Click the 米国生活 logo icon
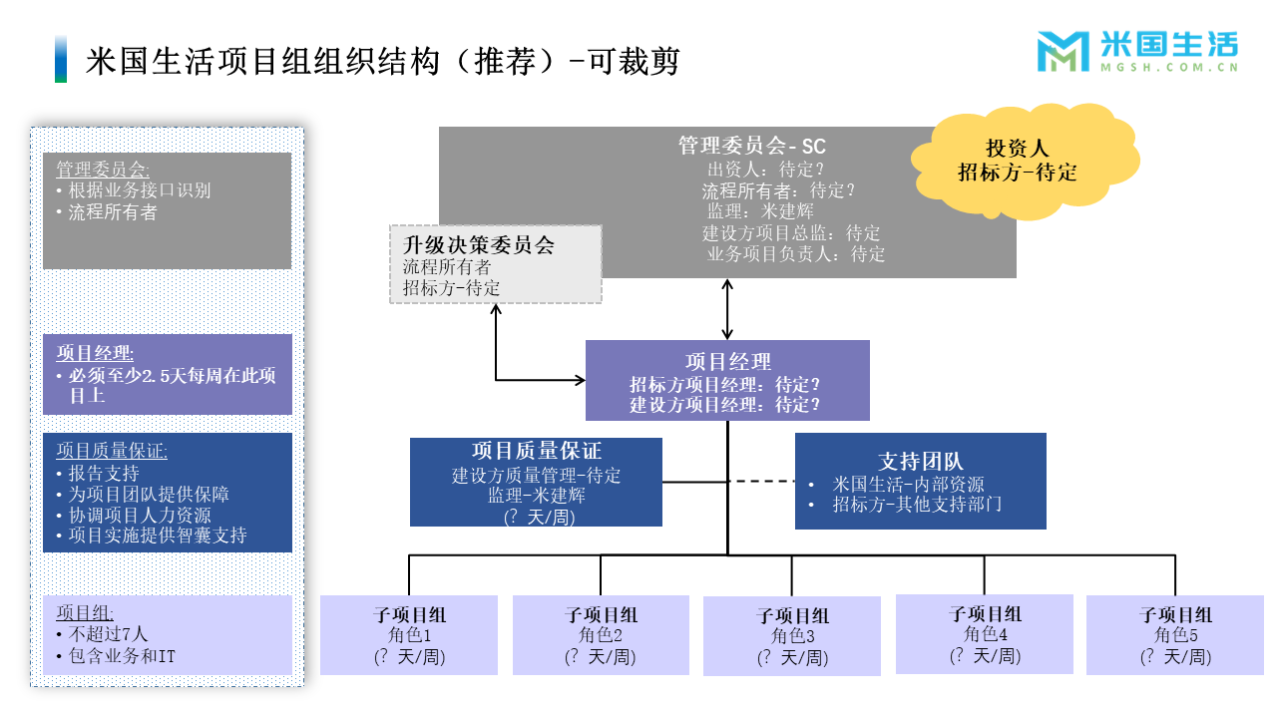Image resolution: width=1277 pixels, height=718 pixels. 1064,52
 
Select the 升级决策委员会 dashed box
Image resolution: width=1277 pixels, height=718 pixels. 495,265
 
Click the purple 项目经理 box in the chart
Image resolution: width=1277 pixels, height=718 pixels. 727,381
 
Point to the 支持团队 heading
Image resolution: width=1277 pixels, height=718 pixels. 920,462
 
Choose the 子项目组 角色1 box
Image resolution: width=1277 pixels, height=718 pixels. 409,635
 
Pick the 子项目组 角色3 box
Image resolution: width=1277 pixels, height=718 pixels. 792,636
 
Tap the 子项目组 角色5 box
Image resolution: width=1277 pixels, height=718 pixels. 1175,635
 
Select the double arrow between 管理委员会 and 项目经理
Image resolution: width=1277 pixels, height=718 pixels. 728,309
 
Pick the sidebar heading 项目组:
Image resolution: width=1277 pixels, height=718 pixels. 85,613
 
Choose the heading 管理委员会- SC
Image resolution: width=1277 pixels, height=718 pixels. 752,147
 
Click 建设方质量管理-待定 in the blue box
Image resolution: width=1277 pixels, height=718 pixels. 536,476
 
